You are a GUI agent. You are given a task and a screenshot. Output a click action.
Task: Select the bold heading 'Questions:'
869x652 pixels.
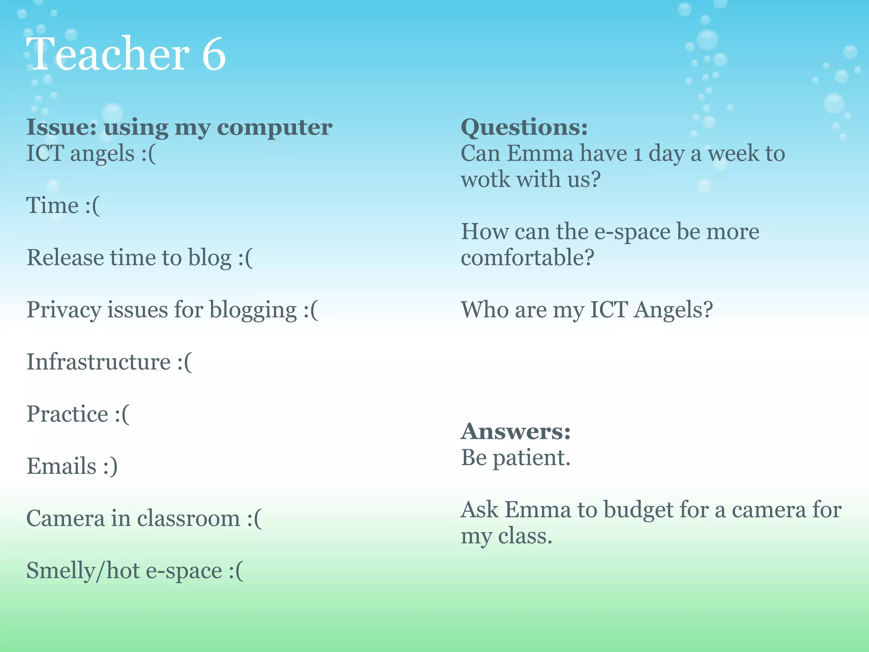point(524,127)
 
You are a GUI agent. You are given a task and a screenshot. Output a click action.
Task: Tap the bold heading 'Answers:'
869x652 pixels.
point(516,431)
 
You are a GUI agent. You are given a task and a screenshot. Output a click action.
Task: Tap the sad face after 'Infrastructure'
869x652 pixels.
point(185,362)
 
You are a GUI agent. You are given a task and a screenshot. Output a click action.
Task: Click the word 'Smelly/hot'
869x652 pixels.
point(83,570)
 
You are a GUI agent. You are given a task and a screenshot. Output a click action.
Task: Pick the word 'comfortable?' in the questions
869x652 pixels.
point(527,258)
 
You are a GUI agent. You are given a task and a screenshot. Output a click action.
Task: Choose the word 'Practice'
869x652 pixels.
point(67,414)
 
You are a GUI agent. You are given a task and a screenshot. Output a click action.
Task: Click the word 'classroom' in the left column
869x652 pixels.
point(188,518)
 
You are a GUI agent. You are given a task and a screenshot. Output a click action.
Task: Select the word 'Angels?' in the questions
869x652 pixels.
point(673,310)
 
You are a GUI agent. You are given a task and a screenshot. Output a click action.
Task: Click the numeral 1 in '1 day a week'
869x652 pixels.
point(637,154)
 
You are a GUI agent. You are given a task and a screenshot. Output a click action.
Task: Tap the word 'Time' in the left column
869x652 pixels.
point(52,205)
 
